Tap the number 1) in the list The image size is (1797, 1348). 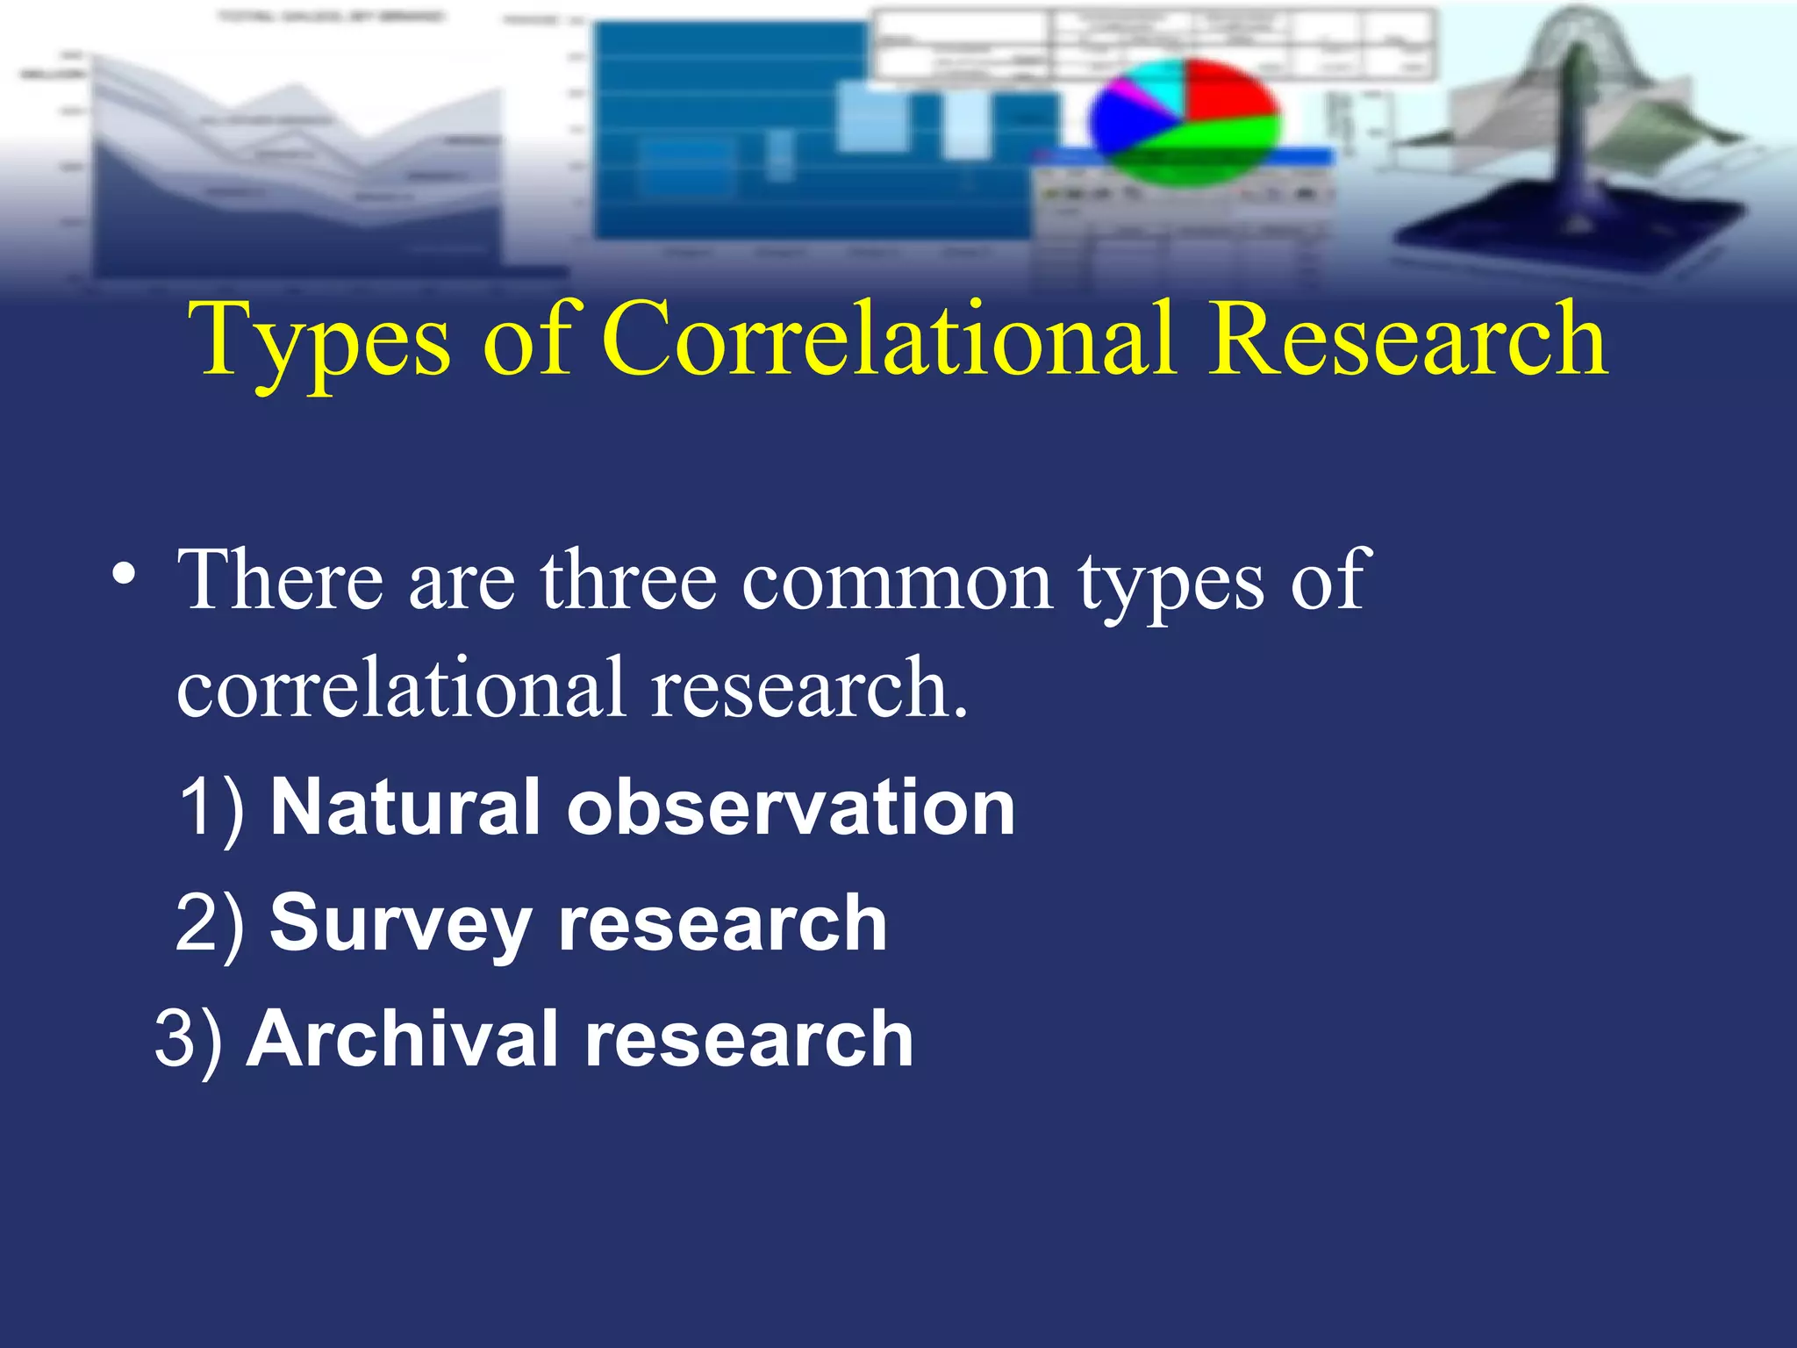pos(211,807)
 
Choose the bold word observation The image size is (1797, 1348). pos(791,807)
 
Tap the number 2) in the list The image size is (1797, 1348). pos(211,923)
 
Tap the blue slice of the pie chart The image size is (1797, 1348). pos(1123,123)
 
